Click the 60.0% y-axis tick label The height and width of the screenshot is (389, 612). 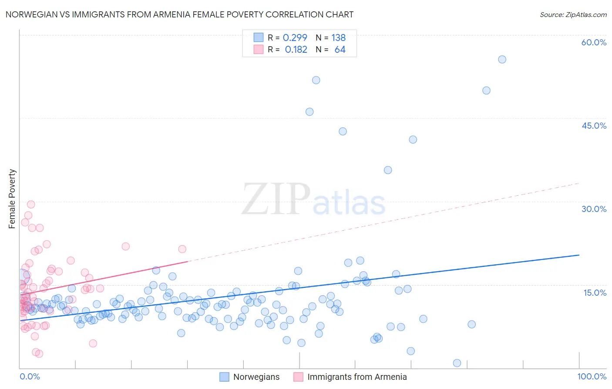pyautogui.click(x=594, y=42)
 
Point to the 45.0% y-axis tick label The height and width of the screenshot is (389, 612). pyautogui.click(x=594, y=126)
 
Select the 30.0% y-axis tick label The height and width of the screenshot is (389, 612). pyautogui.click(x=594, y=209)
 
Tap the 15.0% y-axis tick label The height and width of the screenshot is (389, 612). pyautogui.click(x=595, y=293)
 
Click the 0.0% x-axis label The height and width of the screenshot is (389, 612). pyautogui.click(x=30, y=376)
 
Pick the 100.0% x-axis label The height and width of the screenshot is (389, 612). pyautogui.click(x=592, y=376)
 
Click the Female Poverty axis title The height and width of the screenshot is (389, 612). pyautogui.click(x=12, y=199)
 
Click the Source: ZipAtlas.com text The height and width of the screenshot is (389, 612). pyautogui.click(x=573, y=14)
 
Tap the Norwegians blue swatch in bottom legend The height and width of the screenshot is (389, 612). pyautogui.click(x=224, y=377)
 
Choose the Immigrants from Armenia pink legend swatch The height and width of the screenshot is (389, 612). pyautogui.click(x=298, y=377)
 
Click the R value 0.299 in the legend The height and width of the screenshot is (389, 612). pyautogui.click(x=295, y=38)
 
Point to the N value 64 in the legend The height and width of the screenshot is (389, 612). pyautogui.click(x=340, y=50)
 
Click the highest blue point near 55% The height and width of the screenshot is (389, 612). pyautogui.click(x=502, y=59)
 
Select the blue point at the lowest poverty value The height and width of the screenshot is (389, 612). pyautogui.click(x=457, y=363)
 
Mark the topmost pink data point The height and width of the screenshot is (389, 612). pyautogui.click(x=31, y=205)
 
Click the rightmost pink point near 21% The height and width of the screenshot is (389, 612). pyautogui.click(x=182, y=249)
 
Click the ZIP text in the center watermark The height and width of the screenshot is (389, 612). pyautogui.click(x=276, y=199)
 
